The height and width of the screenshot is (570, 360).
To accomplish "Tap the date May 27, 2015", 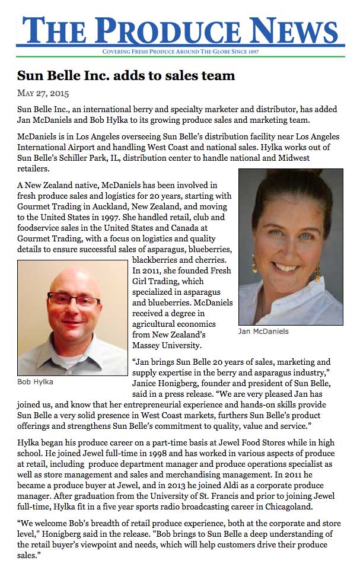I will pyautogui.click(x=42, y=93).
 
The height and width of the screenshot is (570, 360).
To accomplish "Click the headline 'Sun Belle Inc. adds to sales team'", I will pyautogui.click(x=126, y=75).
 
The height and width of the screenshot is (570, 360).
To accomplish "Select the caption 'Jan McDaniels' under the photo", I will pyautogui.click(x=264, y=331).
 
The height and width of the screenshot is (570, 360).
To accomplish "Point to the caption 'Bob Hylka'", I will pyautogui.click(x=36, y=382).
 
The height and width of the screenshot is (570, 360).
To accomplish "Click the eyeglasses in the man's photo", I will pyautogui.click(x=74, y=300).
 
